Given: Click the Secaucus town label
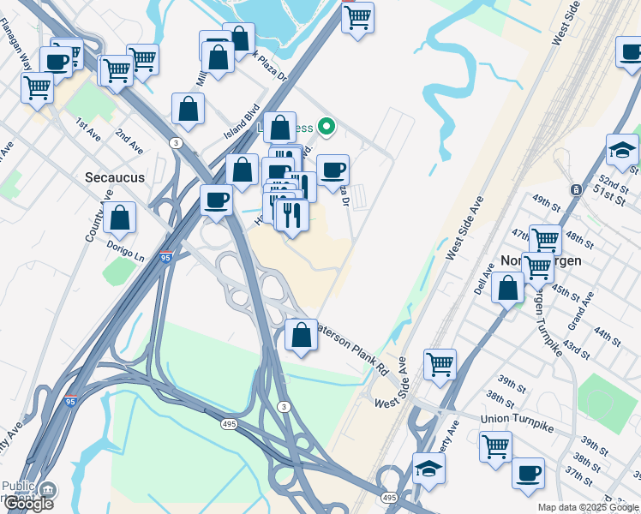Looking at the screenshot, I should (115, 177).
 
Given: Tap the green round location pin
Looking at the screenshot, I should (326, 128).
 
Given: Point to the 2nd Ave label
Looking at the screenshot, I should (129, 140).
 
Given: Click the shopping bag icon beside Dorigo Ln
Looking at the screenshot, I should (120, 218).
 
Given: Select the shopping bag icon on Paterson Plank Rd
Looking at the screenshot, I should (301, 335).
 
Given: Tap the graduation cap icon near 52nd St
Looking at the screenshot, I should (622, 151).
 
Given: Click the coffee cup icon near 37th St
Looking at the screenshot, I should (528, 473).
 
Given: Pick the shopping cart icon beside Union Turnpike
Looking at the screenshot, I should (495, 446).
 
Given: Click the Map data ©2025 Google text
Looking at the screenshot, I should (588, 507).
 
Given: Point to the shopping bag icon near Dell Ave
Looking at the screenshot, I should (508, 288).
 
